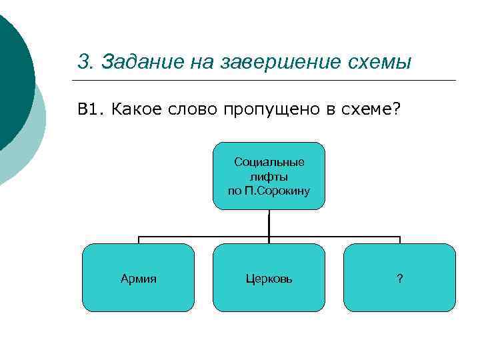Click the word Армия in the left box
coord(138,279)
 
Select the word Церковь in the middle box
coord(269,279)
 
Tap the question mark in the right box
coord(399,279)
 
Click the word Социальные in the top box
coord(269,162)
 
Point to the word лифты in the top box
coord(269,176)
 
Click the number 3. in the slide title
coord(84,62)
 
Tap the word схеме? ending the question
coord(373,109)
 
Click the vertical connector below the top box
coord(269,223)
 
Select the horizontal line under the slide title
coord(267,81)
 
